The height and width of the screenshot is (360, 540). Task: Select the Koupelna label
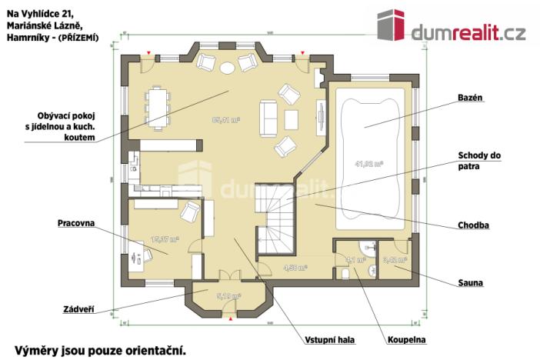408,339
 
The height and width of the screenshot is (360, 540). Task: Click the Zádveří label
78,309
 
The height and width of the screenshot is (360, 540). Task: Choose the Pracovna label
76,223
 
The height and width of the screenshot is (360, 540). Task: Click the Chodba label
472,225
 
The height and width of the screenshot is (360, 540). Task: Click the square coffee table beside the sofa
292,119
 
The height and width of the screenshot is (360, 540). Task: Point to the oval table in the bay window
228,68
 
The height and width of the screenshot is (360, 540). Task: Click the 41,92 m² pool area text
368,164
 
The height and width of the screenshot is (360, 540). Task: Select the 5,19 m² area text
229,295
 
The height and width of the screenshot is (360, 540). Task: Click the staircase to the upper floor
277,218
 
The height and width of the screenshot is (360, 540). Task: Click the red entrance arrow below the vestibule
229,317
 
